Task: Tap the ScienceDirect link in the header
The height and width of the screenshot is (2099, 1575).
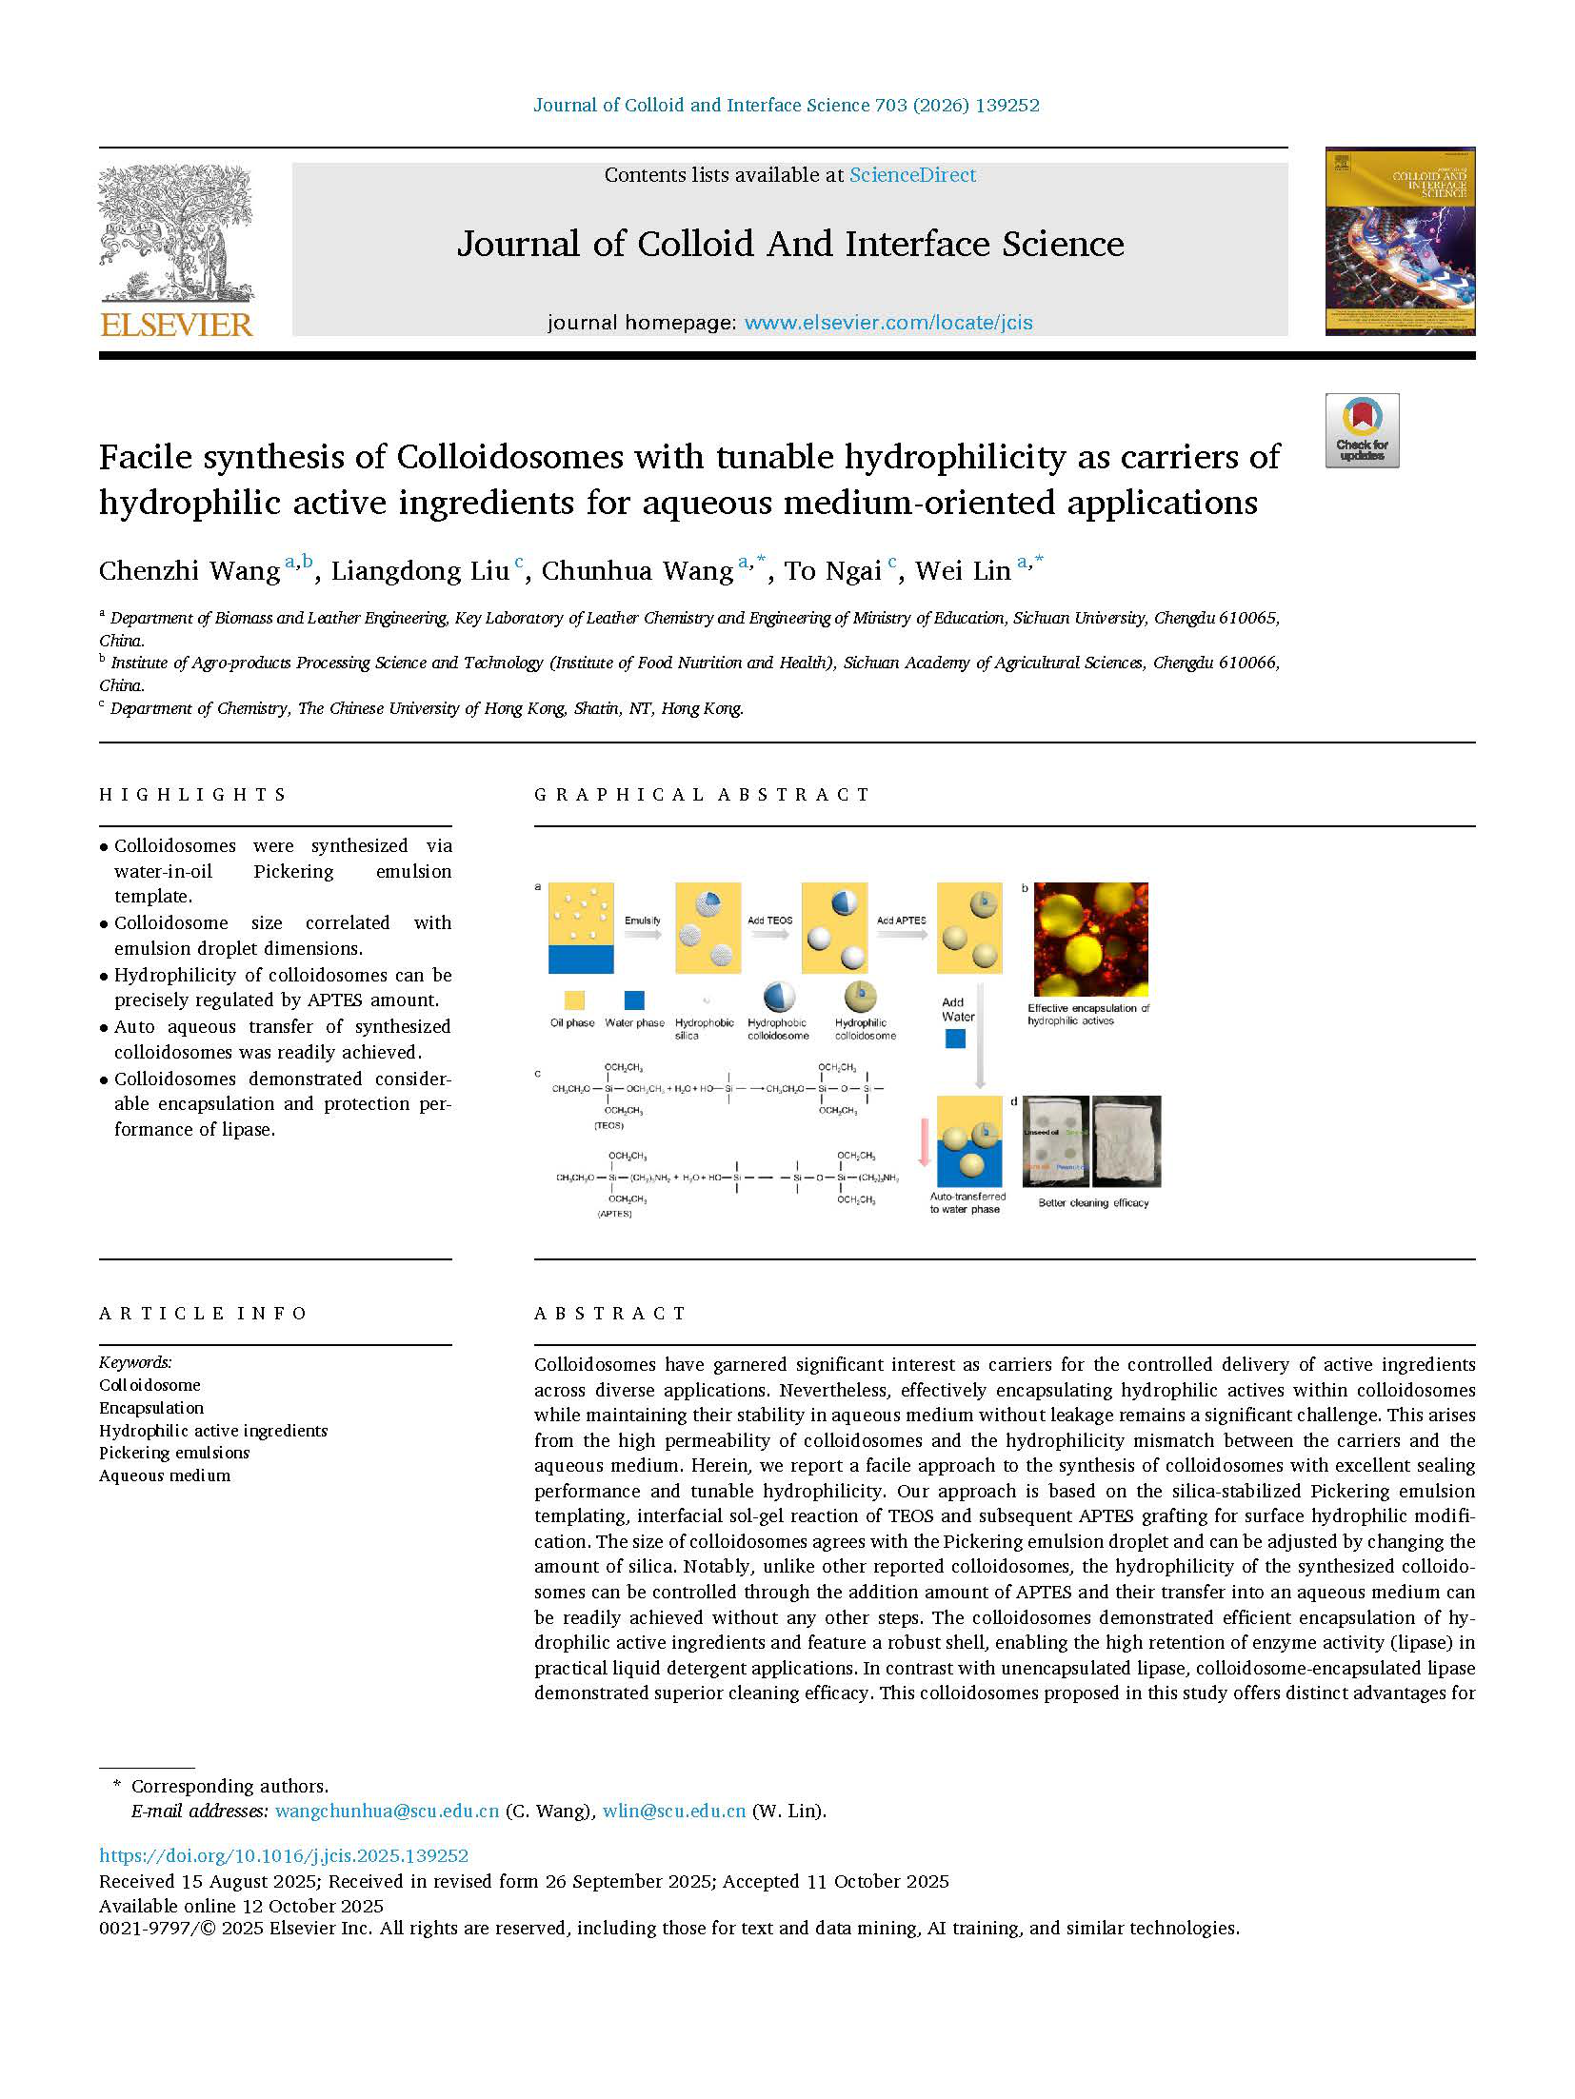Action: point(912,175)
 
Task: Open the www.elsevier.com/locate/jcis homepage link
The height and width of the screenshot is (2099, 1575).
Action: point(887,323)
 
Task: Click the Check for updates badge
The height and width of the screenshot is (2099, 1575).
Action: point(1362,430)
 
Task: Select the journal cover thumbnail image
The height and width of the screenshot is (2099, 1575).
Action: point(1400,241)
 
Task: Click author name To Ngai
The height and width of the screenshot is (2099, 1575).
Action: point(832,571)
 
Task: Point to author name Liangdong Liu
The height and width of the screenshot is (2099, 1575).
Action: point(420,571)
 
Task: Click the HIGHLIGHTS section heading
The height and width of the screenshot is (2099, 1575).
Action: point(193,795)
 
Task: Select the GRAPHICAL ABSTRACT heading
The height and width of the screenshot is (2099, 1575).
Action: point(702,795)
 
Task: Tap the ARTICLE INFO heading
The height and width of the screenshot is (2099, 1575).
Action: point(203,1314)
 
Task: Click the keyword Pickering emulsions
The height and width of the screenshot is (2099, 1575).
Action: point(174,1453)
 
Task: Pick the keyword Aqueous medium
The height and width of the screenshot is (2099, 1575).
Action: point(165,1475)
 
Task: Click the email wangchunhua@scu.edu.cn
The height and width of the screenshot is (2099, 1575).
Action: point(387,1811)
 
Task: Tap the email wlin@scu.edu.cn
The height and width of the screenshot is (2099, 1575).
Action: point(674,1811)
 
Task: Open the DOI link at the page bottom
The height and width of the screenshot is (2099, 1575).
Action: point(284,1855)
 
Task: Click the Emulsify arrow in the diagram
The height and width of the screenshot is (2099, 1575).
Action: point(644,934)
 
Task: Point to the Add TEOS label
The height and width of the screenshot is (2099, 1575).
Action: point(769,921)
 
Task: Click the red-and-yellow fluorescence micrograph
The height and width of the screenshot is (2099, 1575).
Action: point(1090,939)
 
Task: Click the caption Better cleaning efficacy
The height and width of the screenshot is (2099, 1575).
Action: point(1093,1203)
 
